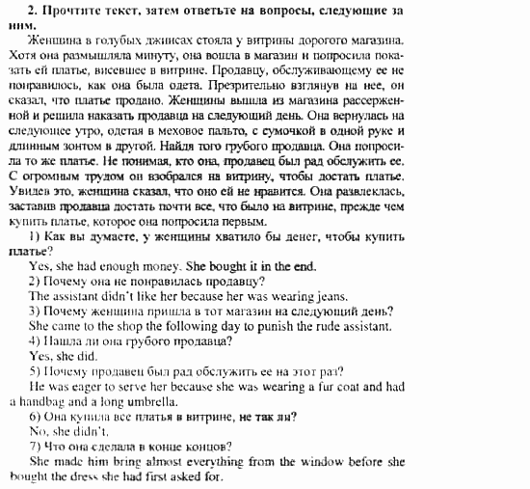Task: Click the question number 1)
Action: point(35,236)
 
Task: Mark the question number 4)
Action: point(35,340)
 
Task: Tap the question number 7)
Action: point(35,446)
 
